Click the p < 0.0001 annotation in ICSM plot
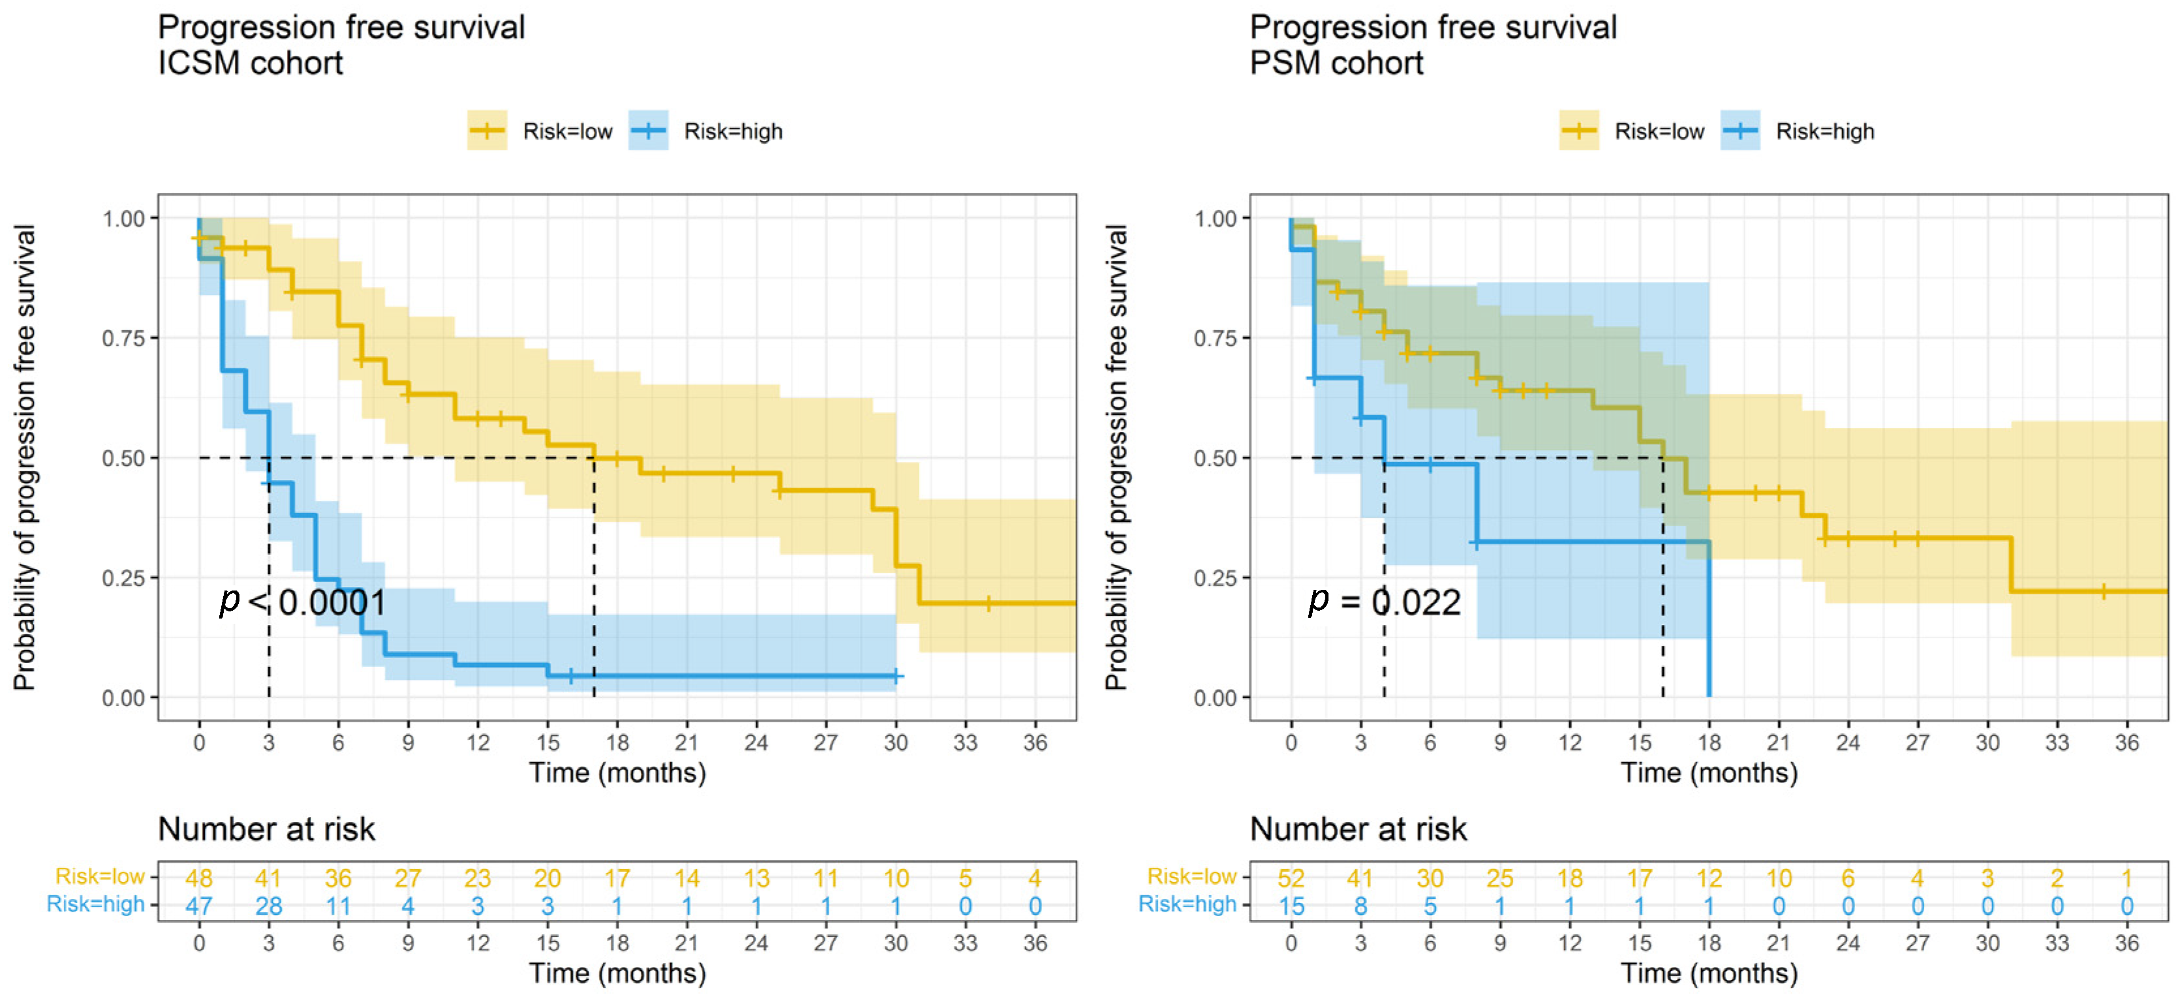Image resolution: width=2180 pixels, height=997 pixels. click(302, 602)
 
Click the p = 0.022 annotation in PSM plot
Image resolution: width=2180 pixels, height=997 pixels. click(1385, 602)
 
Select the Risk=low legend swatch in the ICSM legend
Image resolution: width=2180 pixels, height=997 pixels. click(487, 130)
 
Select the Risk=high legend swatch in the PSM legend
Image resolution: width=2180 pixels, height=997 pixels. click(1740, 130)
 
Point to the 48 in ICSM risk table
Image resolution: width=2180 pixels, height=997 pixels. click(199, 878)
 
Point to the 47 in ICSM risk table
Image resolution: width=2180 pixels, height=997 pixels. click(199, 906)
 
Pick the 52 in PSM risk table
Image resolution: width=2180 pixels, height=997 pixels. click(1291, 878)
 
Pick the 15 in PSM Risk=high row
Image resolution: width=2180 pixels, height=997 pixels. click(1291, 906)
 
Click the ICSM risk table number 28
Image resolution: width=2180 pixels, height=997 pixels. click(268, 906)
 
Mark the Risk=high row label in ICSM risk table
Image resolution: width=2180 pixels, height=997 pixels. click(96, 904)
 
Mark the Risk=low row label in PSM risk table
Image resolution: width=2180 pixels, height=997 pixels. click(1191, 876)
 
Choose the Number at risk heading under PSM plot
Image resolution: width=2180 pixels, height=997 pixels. click(1359, 829)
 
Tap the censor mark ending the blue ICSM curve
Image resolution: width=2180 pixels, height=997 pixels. click(896, 676)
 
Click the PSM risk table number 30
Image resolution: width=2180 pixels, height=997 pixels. click(1430, 878)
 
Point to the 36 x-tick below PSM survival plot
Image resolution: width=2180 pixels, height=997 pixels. click(2126, 743)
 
